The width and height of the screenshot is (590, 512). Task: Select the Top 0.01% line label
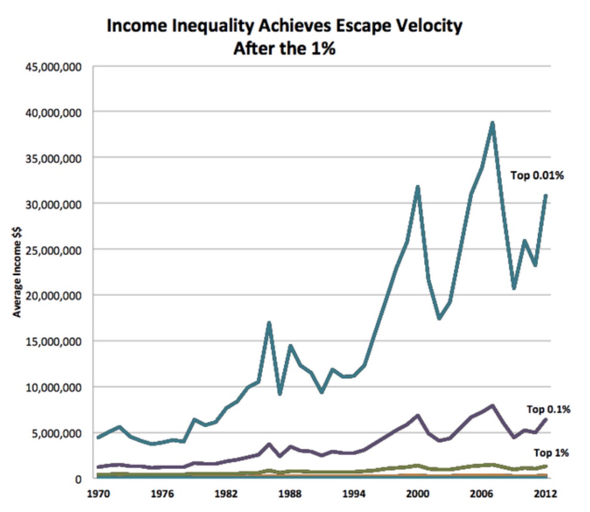[537, 175]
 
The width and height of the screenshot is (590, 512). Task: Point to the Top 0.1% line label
[548, 409]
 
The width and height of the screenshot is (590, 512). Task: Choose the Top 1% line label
[552, 453]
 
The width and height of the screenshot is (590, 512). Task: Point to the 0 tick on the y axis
[78, 479]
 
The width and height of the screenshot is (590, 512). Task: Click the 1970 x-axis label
[98, 495]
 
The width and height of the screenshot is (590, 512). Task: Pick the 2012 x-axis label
[546, 495]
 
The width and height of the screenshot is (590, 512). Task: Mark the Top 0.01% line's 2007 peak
[492, 123]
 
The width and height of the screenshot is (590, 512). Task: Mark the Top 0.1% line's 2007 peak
[492, 406]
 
